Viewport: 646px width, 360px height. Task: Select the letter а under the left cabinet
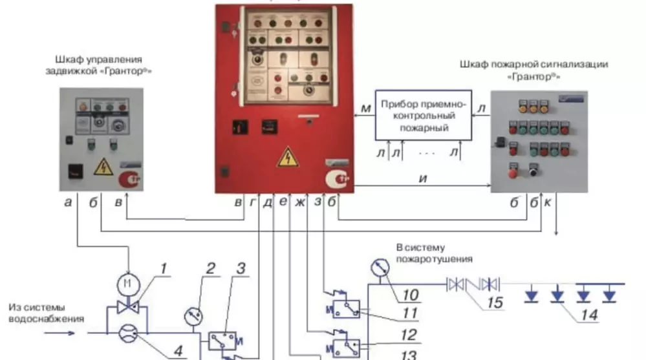coord(68,202)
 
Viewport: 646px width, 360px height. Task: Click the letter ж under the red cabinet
coord(299,202)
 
